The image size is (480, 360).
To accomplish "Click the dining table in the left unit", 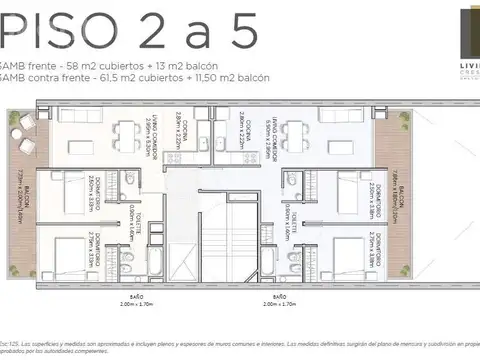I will click(126, 133).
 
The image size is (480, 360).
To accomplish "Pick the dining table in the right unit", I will click(291, 133).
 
